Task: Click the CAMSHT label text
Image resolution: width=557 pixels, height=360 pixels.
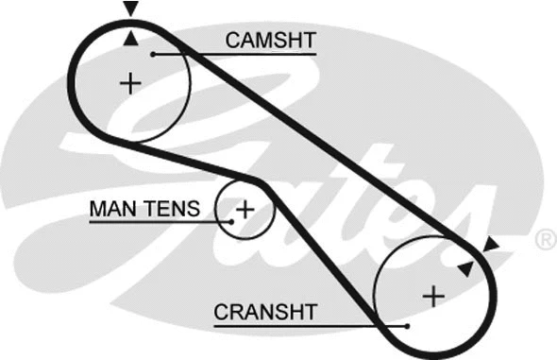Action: coord(269,40)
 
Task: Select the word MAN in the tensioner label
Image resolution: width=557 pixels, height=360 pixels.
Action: coord(110,208)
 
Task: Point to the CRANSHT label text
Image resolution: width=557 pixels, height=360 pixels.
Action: coord(265,311)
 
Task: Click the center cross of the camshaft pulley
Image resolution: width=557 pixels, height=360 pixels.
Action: coord(130,84)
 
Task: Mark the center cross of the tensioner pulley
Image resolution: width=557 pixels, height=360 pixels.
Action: coord(245,208)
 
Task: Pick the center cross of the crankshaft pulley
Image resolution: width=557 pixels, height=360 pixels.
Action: coord(432,296)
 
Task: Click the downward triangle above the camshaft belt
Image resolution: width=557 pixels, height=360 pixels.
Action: coord(130,9)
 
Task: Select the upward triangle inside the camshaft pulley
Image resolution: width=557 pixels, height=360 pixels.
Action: coord(130,39)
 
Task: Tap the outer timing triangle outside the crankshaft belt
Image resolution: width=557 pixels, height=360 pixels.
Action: coord(490,247)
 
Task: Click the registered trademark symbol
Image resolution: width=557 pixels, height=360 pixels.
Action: coord(545,240)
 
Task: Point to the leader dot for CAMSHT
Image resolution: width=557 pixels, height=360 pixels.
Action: coord(151,55)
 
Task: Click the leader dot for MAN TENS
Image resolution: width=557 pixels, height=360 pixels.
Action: coord(229,221)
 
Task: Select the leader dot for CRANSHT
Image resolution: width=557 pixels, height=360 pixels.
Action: coord(406,325)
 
